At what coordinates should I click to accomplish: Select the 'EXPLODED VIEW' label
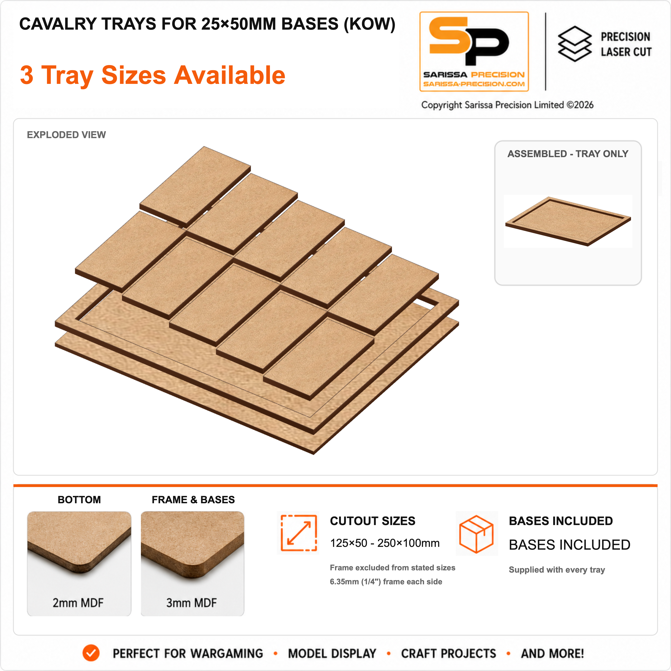tap(66, 135)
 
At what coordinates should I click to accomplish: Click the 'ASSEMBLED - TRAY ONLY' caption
tap(568, 154)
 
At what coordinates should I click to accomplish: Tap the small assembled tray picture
tap(568, 221)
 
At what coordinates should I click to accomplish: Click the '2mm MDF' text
tap(78, 603)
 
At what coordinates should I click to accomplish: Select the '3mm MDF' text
tap(191, 603)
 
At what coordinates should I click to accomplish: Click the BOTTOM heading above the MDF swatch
tap(79, 500)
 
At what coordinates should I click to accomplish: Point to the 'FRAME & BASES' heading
tap(193, 500)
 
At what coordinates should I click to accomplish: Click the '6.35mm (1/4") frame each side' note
tap(386, 582)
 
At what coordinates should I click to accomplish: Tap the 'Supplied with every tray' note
tap(557, 570)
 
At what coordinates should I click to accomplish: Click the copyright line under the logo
tap(507, 105)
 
